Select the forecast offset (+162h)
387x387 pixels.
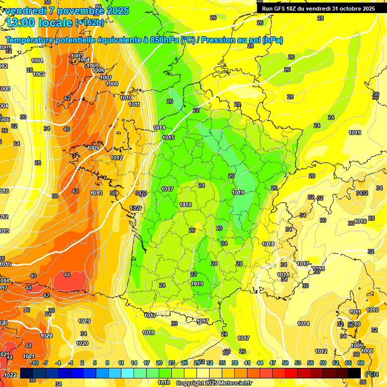pos(90,23)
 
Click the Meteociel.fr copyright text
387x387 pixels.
pos(213,383)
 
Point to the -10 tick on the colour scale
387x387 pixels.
pos(34,363)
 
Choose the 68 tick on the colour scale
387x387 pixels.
pos(361,363)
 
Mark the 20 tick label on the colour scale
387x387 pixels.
pos(159,363)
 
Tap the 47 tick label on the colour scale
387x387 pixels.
pos(273,363)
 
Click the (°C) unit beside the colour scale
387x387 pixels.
pos(370,374)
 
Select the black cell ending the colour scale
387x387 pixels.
pos(354,373)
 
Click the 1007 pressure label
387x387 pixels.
pos(105,78)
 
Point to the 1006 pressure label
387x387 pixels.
pos(99,71)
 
